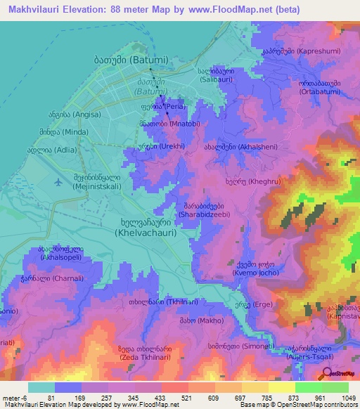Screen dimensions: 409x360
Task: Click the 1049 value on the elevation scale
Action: tap(340, 397)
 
